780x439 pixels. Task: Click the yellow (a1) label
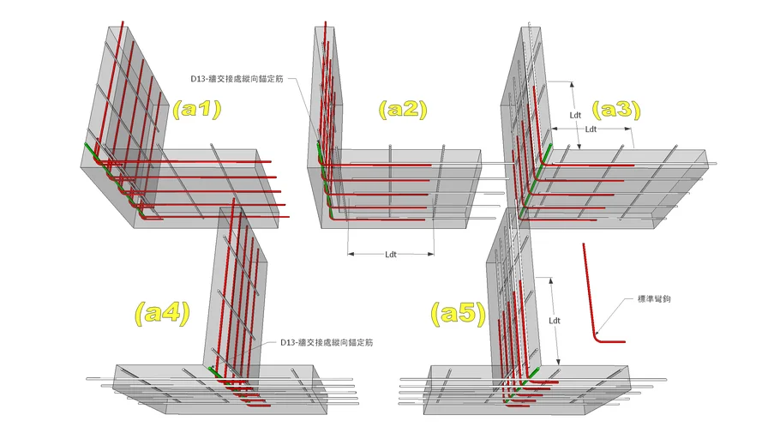(196, 109)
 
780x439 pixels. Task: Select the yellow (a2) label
(403, 109)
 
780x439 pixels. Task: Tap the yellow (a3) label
(615, 109)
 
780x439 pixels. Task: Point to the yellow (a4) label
(163, 313)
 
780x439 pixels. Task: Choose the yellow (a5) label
(459, 313)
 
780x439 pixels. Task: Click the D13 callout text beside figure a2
(237, 79)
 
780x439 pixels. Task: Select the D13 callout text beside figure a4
(327, 342)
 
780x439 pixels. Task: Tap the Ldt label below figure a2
(391, 255)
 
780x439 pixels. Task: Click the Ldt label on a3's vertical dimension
(575, 115)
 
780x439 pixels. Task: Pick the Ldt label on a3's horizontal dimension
(591, 129)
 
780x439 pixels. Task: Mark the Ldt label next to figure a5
(555, 321)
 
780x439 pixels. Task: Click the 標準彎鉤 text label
(654, 299)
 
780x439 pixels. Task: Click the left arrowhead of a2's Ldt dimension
(351, 255)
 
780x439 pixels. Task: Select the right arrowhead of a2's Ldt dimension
(431, 255)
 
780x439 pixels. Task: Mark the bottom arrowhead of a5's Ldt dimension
(559, 362)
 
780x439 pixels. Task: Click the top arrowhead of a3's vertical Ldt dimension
(572, 86)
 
